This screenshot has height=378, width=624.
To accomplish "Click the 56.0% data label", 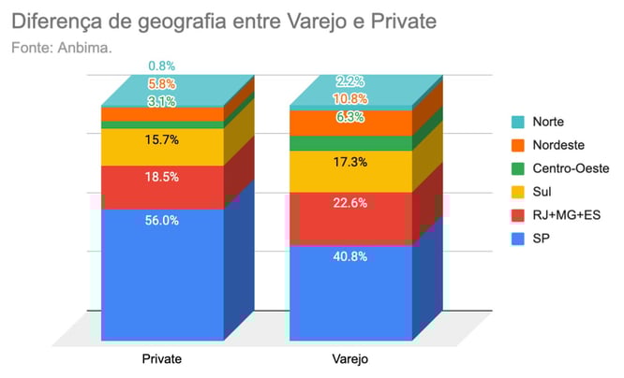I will pyautogui.click(x=162, y=223).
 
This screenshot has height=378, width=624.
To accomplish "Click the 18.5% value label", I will pyautogui.click(x=162, y=176).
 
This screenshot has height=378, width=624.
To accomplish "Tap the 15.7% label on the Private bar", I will pyautogui.click(x=162, y=139).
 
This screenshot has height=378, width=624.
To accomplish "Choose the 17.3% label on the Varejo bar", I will pyautogui.click(x=349, y=162).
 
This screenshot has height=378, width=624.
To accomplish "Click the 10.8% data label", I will pyautogui.click(x=349, y=98).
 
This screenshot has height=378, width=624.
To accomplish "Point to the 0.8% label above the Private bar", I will pyautogui.click(x=162, y=66).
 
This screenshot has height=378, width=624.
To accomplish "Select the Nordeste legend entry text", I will pyautogui.click(x=560, y=145).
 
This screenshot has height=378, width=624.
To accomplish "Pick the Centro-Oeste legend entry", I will pyautogui.click(x=571, y=168).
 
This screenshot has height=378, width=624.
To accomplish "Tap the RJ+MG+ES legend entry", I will pyautogui.click(x=566, y=215).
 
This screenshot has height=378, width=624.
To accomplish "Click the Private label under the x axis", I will pyautogui.click(x=161, y=359).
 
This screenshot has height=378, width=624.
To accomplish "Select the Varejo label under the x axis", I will pyautogui.click(x=349, y=359).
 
